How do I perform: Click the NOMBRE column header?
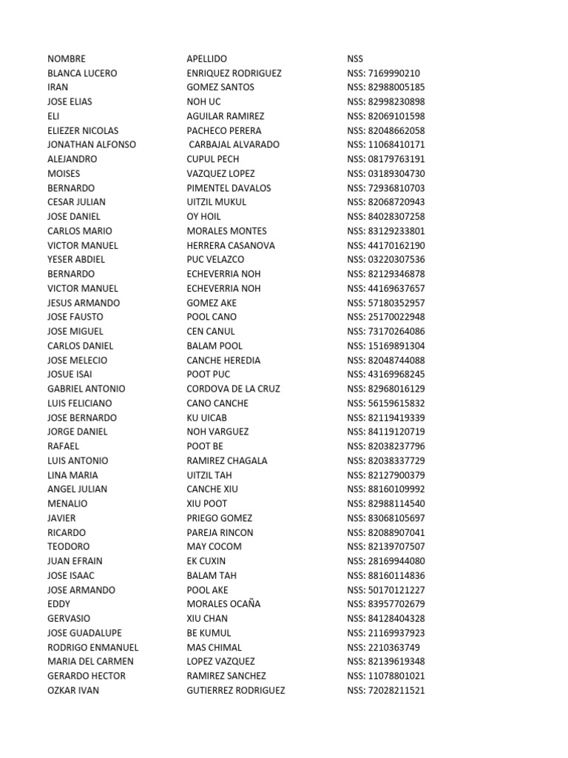[x=67, y=58]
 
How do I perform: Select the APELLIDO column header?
[x=207, y=58]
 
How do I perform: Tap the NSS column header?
[x=355, y=58]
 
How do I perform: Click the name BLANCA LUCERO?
[x=82, y=73]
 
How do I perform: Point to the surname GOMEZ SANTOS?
[x=220, y=87]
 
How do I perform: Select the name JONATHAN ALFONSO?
[x=92, y=144]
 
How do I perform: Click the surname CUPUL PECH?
[x=213, y=159]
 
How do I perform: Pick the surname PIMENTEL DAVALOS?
[x=229, y=188]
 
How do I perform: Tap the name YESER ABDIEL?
[x=76, y=259]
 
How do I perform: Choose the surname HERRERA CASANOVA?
[x=231, y=245]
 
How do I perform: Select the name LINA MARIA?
[x=72, y=475]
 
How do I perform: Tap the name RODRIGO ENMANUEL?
[x=92, y=647]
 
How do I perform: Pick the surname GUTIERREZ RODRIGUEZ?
[x=236, y=691]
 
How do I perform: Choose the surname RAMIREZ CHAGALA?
[x=227, y=460]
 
